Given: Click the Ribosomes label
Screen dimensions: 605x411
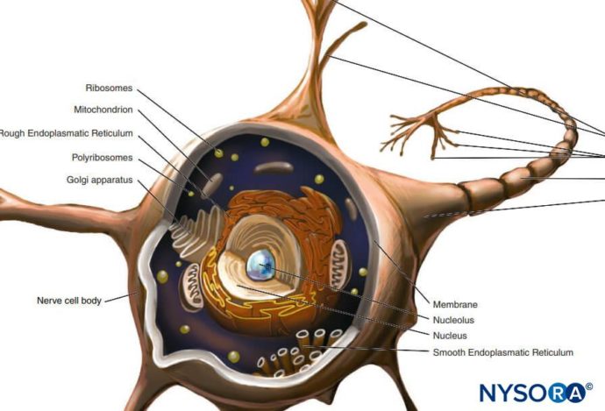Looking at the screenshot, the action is pyautogui.click(x=109, y=89).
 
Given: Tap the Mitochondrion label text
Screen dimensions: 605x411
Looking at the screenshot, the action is pyautogui.click(x=103, y=110).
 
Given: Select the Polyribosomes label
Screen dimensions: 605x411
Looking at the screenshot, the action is pyautogui.click(x=102, y=158).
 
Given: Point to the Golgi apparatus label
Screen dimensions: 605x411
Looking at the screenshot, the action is pyautogui.click(x=99, y=180).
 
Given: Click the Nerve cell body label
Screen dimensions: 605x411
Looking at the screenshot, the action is pyautogui.click(x=69, y=301).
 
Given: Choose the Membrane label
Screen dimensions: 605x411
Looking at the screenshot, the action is pyautogui.click(x=455, y=305).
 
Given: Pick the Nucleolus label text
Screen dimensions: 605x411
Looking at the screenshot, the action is pyautogui.click(x=453, y=320).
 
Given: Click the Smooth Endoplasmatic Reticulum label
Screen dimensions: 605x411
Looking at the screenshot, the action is pyautogui.click(x=502, y=352).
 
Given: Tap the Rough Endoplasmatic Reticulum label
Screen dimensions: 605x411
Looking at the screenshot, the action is pyautogui.click(x=66, y=133).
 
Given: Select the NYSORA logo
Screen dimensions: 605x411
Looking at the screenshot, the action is pyautogui.click(x=536, y=392).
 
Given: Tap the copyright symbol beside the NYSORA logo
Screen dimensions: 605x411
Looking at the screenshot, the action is pyautogui.click(x=589, y=386).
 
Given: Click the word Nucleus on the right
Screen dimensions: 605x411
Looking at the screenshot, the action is pyautogui.click(x=450, y=336).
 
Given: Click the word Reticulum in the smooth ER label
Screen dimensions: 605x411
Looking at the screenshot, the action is pyautogui.click(x=552, y=352).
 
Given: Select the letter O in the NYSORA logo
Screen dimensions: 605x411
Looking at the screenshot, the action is pyautogui.click(x=538, y=393).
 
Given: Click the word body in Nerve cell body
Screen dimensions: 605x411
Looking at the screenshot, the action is pyautogui.click(x=91, y=301).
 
